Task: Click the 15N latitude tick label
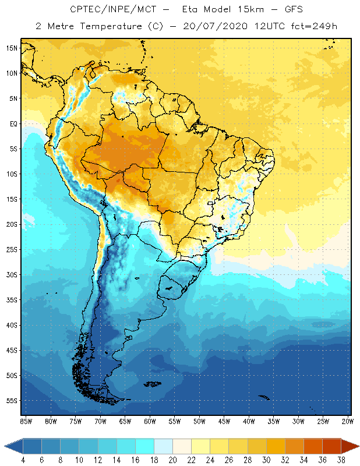12,48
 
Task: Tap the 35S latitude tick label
12,299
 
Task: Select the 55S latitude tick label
12,400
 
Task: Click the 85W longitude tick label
26,421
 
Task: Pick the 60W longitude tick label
150,421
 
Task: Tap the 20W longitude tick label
348,421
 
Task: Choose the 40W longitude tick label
249,421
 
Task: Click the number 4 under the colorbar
23,460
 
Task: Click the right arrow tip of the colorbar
358,446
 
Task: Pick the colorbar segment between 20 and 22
182,446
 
